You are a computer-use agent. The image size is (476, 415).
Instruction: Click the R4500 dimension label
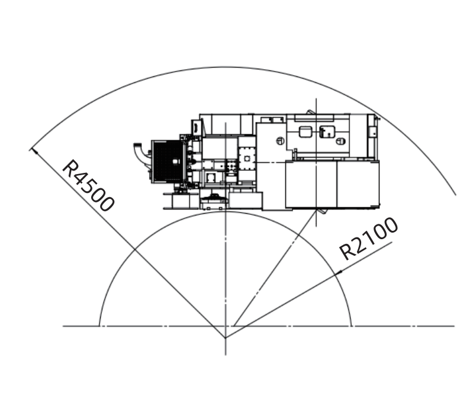pos(88,185)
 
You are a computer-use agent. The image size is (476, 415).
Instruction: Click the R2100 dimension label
pos(368,239)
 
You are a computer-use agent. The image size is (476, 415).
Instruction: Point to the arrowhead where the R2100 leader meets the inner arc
pos(339,272)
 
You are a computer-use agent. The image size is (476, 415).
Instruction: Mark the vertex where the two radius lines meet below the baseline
pos(225,338)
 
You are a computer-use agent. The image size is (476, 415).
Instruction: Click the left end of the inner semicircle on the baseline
pos(99,326)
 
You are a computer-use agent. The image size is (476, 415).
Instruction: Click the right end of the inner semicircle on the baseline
pos(352,326)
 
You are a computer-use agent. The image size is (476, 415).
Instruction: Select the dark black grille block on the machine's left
pos(168,162)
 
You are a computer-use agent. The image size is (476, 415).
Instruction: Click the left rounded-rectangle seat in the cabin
pos(305,132)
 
